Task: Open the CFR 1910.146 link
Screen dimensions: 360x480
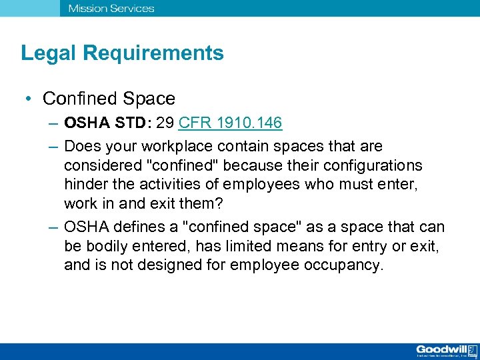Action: click(230, 123)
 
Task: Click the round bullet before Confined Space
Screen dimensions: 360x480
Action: click(31, 99)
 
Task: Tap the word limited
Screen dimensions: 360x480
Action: click(245, 247)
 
